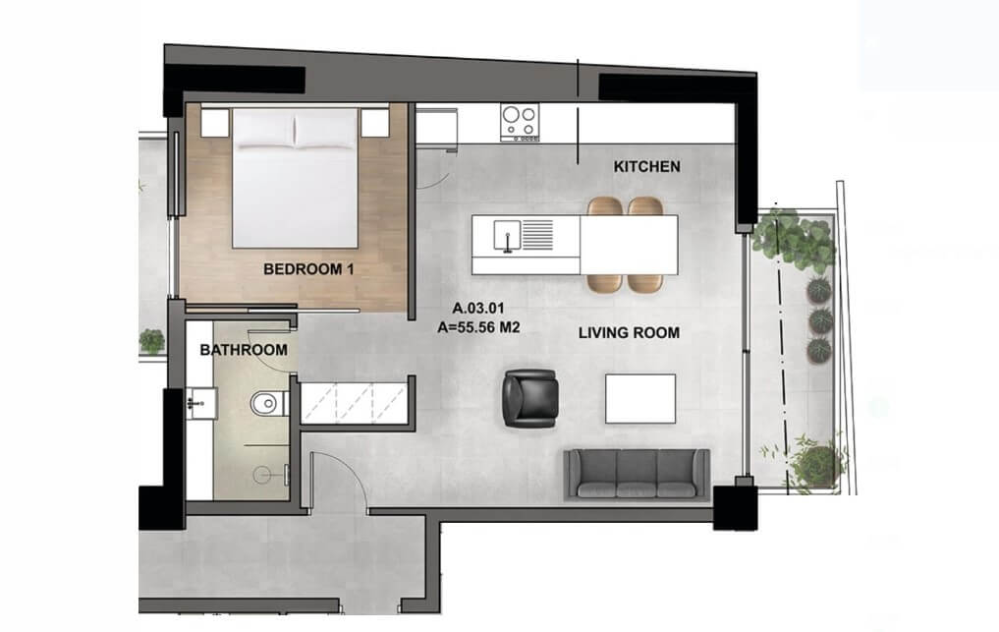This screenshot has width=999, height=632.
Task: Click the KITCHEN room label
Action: tap(646, 166)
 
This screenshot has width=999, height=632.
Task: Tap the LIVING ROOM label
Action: tap(629, 332)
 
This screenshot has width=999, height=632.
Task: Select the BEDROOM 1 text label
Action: tap(308, 269)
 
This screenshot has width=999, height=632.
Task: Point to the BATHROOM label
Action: tap(244, 350)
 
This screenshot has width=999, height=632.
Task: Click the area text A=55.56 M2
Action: tap(478, 328)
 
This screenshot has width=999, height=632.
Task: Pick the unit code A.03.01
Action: tap(478, 308)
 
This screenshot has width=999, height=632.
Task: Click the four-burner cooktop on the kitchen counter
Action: tap(520, 123)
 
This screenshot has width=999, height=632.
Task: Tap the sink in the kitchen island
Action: tap(507, 235)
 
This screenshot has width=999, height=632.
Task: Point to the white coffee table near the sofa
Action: tap(640, 399)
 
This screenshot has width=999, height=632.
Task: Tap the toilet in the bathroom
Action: tap(269, 403)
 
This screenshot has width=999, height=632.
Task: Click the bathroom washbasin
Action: tap(202, 403)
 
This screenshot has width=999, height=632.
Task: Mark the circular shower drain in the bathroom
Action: tap(262, 475)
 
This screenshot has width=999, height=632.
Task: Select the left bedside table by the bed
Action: tap(215, 123)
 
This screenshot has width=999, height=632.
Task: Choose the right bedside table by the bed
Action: tap(374, 123)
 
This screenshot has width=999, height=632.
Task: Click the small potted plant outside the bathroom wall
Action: tap(151, 341)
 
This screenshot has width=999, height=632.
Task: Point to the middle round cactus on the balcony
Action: tap(820, 320)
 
